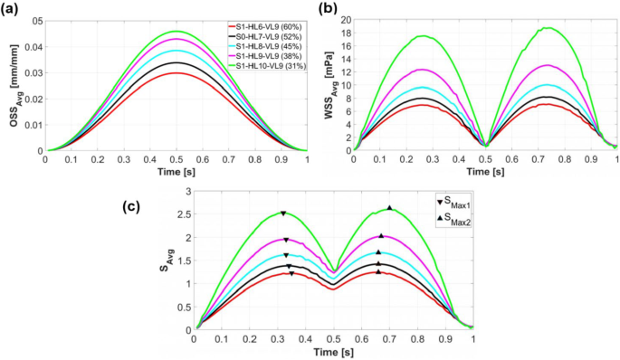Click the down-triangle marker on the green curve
coord(283,213)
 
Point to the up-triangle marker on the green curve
coord(390,208)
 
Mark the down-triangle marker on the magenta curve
coord(286,240)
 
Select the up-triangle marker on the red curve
coord(378,271)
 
